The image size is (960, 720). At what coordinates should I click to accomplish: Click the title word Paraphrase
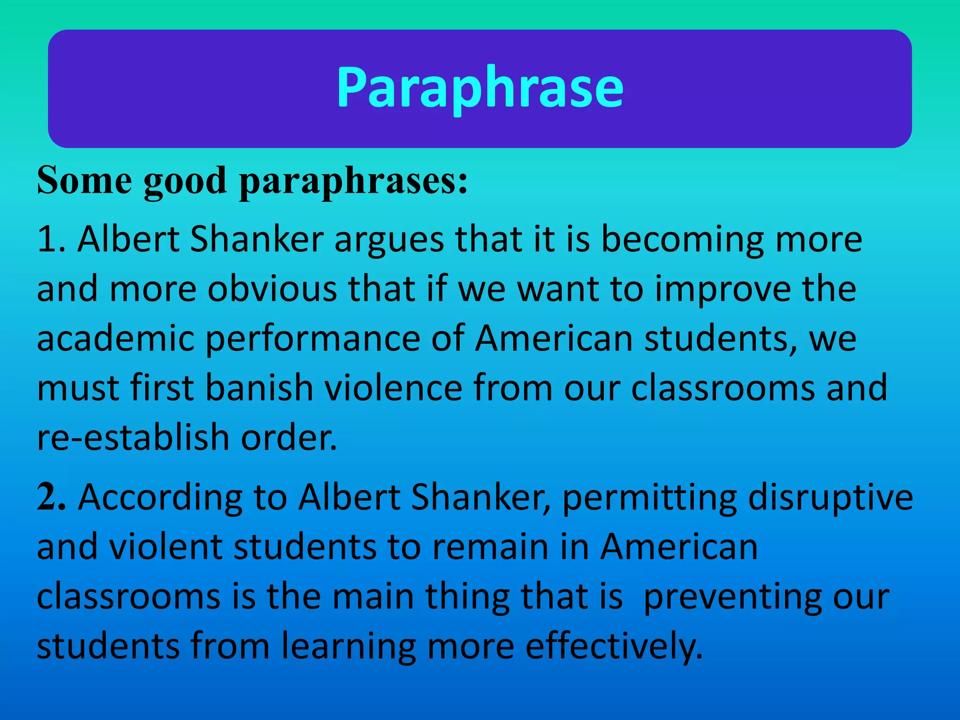click(480, 88)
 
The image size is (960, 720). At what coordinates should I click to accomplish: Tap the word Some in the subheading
click(84, 180)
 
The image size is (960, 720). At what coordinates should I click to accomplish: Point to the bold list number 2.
click(51, 497)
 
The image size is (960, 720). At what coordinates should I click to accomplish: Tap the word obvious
click(272, 289)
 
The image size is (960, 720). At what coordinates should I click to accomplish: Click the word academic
click(115, 338)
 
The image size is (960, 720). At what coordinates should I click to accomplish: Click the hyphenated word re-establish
click(133, 437)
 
